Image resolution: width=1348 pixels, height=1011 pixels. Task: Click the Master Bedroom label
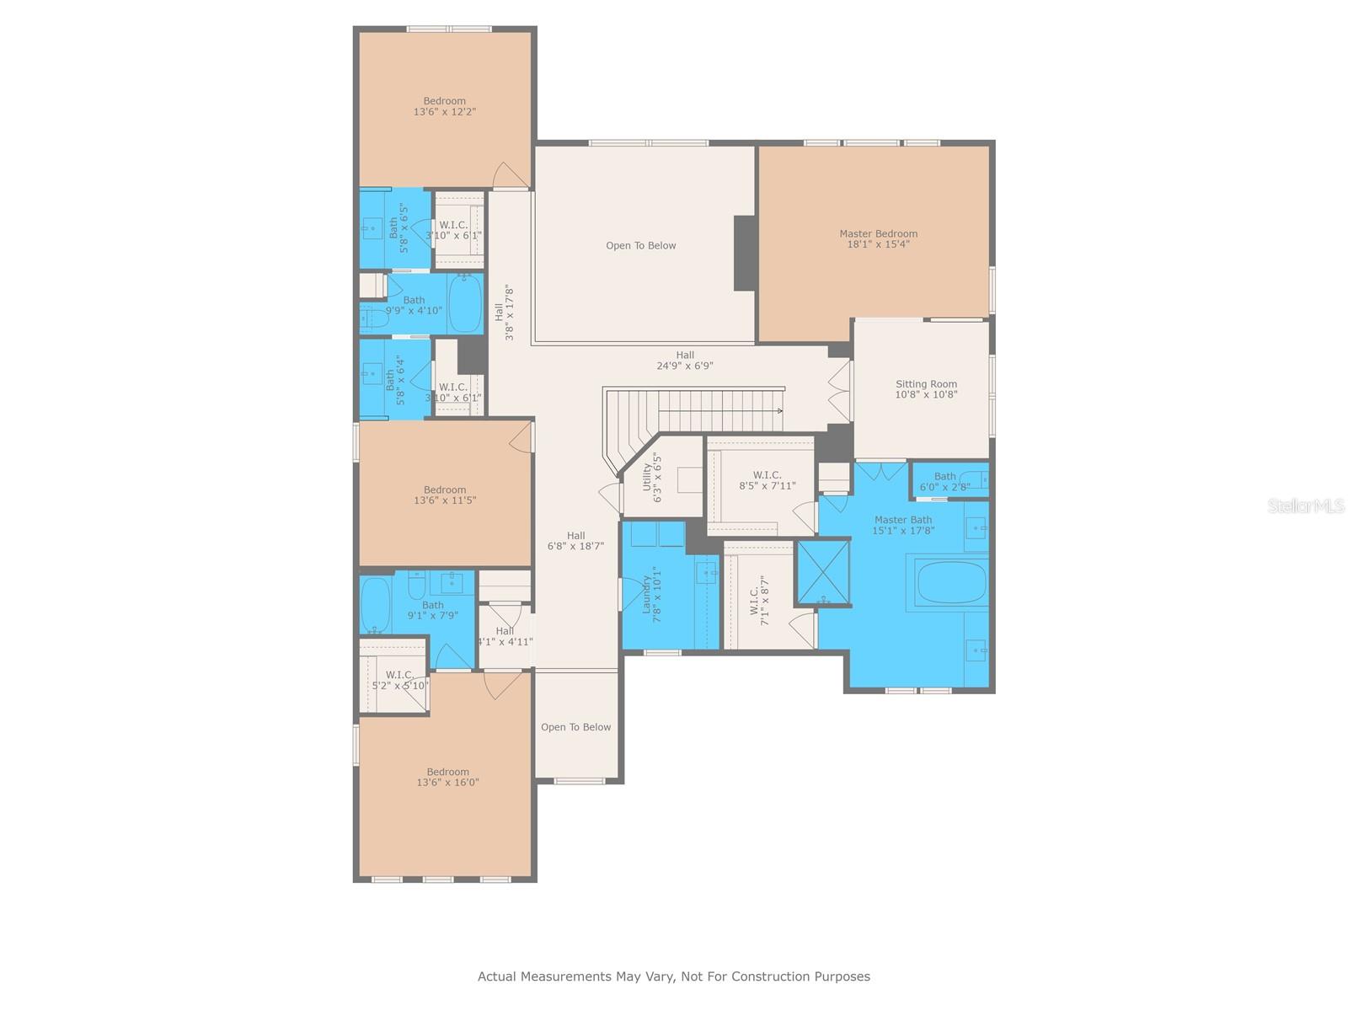(878, 238)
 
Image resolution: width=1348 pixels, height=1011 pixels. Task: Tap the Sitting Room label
(925, 388)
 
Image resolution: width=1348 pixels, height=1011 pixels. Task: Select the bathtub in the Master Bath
(950, 582)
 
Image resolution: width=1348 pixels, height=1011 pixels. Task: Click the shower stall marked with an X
(823, 571)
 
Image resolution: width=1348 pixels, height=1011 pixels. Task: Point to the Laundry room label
(651, 594)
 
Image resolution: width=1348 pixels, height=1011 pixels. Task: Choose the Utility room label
(651, 477)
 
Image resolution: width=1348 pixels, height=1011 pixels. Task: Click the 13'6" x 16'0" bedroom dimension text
(447, 782)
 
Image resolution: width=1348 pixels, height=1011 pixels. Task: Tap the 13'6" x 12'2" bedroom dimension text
(445, 112)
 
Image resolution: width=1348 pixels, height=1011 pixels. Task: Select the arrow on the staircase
(721, 410)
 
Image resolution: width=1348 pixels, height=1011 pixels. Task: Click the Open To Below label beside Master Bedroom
(640, 245)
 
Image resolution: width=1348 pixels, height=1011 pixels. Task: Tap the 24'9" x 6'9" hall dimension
(685, 366)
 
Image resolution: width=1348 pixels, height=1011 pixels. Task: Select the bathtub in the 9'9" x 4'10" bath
(465, 304)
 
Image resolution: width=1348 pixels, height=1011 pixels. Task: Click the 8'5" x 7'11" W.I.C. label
(767, 480)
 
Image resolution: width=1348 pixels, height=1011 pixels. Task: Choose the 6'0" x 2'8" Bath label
(944, 481)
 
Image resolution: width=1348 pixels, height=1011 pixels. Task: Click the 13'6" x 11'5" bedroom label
(445, 495)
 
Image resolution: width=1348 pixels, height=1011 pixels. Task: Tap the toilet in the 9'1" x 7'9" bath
(416, 584)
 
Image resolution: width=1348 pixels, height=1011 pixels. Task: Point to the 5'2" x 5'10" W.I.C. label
(400, 680)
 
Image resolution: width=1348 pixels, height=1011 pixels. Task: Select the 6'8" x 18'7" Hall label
(575, 540)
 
